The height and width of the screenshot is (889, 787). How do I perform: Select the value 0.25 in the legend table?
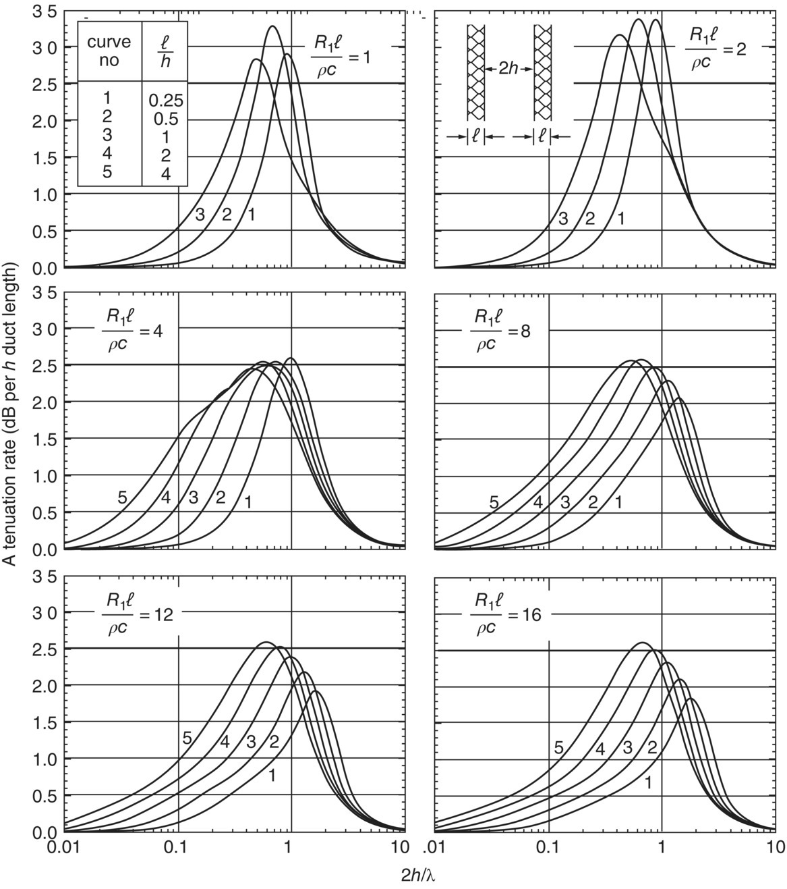tap(166, 101)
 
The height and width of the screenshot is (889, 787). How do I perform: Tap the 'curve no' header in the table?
tap(110, 51)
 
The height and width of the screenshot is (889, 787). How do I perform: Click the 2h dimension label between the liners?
tap(509, 69)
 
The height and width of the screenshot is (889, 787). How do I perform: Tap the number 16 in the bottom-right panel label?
tap(534, 615)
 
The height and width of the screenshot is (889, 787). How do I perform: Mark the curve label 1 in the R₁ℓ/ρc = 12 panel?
tap(272, 776)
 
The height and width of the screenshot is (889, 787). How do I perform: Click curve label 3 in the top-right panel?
tap(563, 218)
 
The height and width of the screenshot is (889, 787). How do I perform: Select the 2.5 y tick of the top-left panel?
tap(47, 84)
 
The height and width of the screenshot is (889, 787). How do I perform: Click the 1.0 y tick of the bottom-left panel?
tap(47, 759)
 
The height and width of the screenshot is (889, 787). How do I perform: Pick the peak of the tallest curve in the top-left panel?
tap(272, 26)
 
